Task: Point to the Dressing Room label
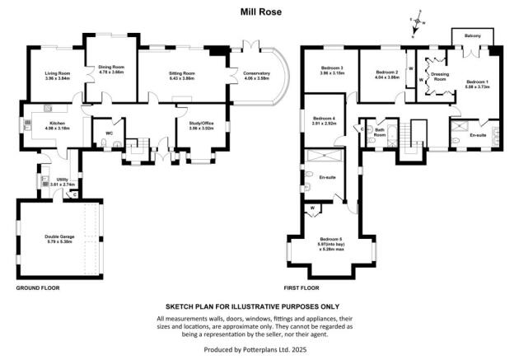tap(439, 76)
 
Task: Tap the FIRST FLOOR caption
tap(304, 288)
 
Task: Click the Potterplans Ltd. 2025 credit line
tap(259, 350)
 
